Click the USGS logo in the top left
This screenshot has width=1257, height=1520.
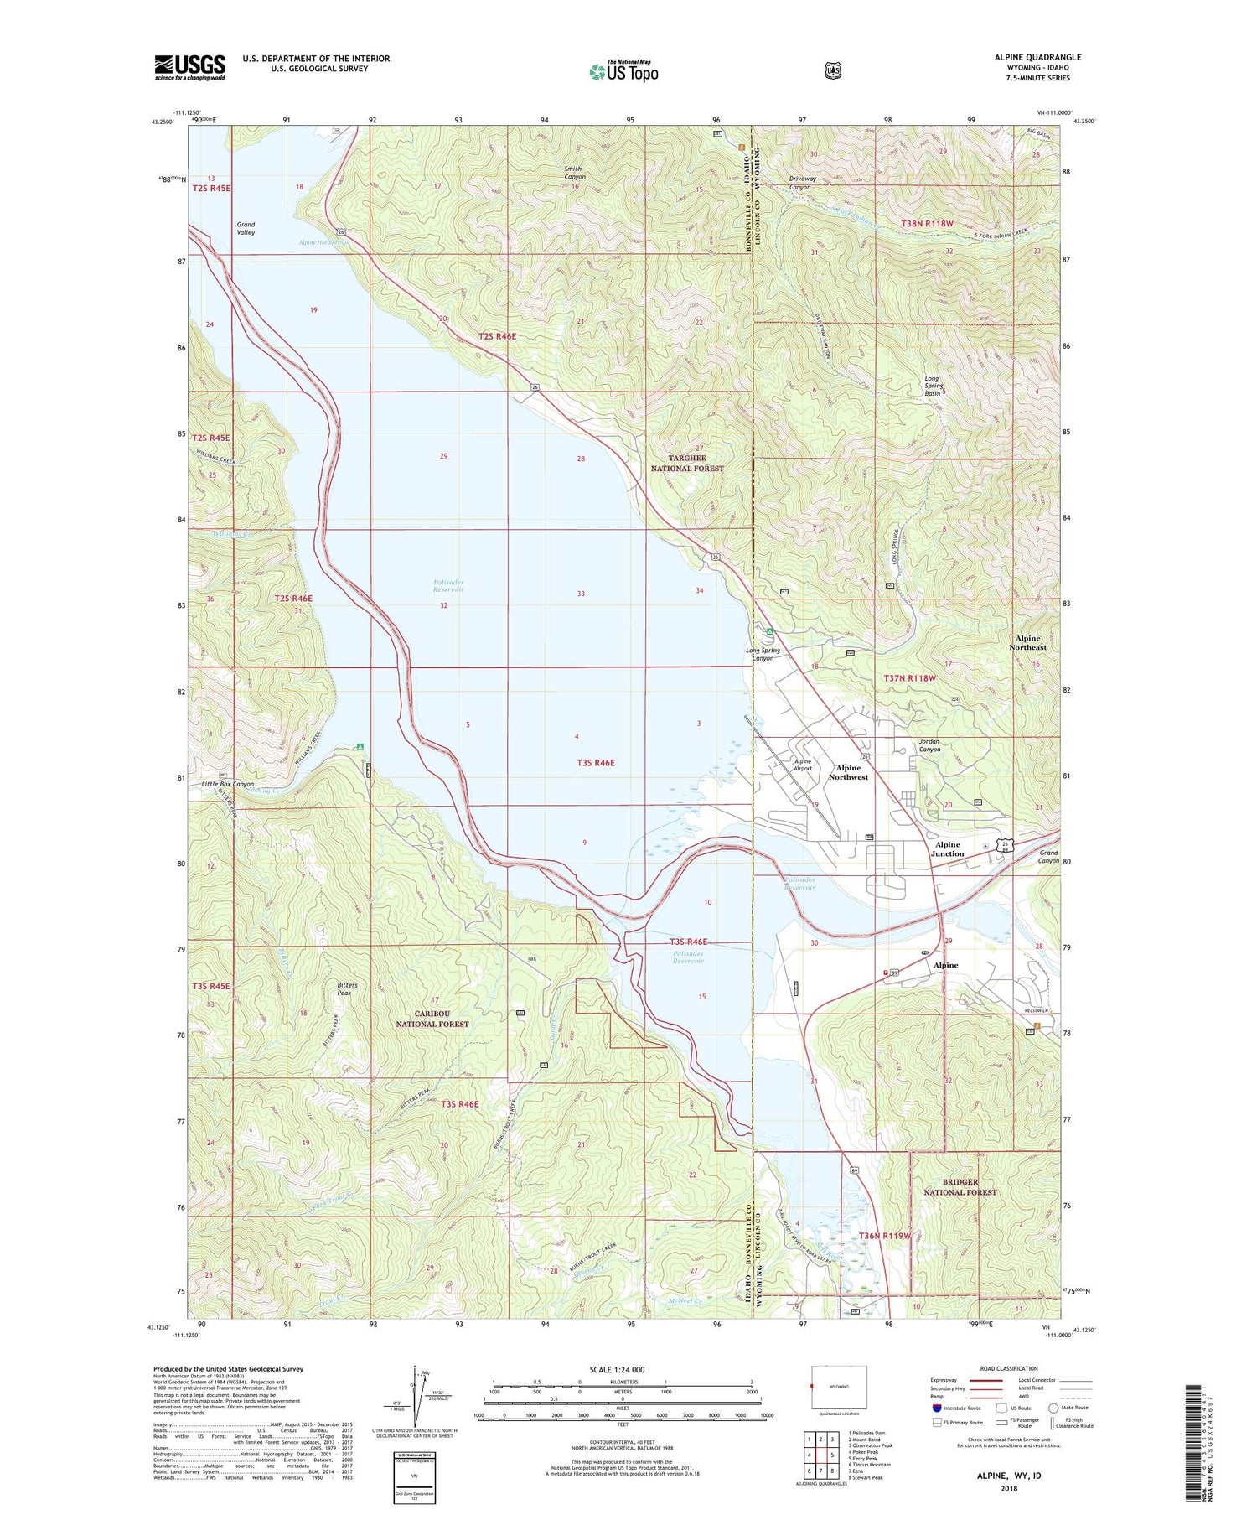coord(190,67)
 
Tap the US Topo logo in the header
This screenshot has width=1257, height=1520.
coord(623,71)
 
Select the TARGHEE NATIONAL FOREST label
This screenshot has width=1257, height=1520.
coord(687,464)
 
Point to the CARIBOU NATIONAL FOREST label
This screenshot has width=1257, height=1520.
coord(432,1019)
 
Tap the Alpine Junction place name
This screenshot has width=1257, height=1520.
coord(947,849)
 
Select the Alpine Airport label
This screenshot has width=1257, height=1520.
coord(803,765)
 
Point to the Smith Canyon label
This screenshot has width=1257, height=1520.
coord(574,173)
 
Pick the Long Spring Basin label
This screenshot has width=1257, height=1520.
coord(934,386)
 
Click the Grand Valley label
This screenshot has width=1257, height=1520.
coord(246,228)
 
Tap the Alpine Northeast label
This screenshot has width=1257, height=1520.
coord(1027,642)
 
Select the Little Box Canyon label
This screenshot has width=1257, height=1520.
coord(227,784)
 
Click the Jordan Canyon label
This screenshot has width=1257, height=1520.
coord(930,745)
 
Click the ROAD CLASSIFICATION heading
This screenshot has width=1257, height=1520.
coord(1008,1368)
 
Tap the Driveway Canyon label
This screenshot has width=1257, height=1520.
coord(800,183)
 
